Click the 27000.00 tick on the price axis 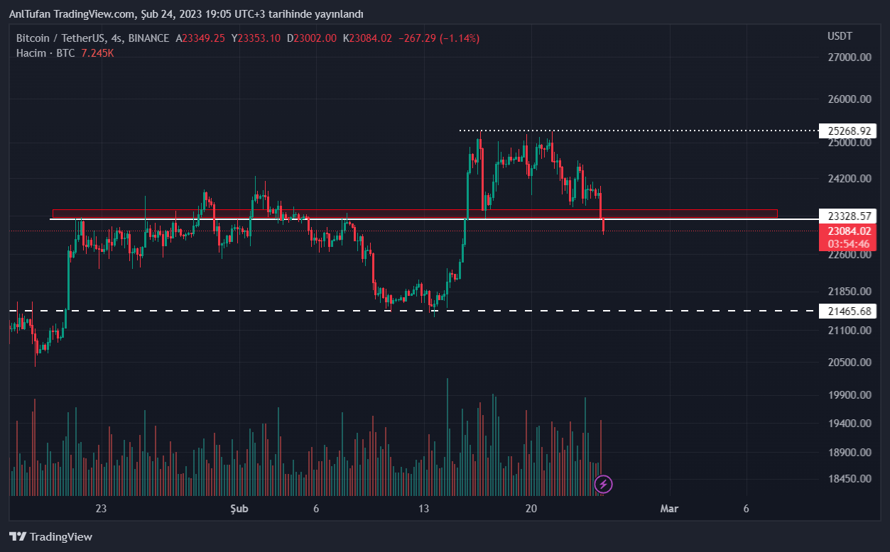(x=850, y=57)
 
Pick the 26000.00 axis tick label (x=850, y=99)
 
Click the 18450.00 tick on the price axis (x=850, y=479)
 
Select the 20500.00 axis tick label (x=850, y=363)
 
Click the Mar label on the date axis (x=669, y=509)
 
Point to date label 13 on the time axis (x=424, y=509)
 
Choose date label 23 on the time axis (x=101, y=509)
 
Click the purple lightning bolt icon (x=603, y=485)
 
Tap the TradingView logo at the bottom (x=50, y=537)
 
